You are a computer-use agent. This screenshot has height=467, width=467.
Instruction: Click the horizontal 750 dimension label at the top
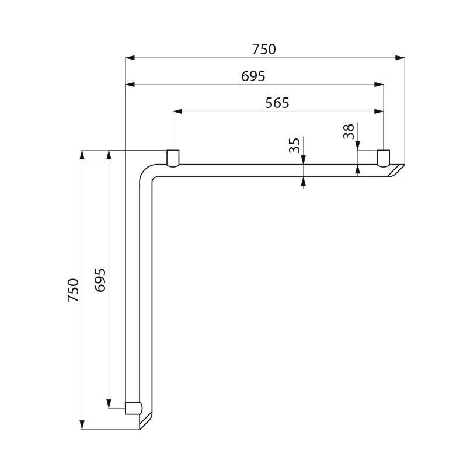pos(264,50)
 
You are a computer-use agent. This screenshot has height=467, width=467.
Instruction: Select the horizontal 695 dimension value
pos(253,76)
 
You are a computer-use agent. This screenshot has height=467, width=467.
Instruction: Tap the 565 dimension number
pos(277,103)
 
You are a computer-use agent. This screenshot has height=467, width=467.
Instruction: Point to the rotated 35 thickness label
pos(295,145)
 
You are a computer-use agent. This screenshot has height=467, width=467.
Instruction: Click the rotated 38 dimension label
pos(349,132)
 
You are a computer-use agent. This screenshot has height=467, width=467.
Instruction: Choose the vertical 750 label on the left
pos(73,290)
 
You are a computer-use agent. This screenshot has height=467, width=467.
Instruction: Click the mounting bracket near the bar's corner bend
pos(173,158)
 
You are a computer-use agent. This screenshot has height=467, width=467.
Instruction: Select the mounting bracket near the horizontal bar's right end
pos(383,158)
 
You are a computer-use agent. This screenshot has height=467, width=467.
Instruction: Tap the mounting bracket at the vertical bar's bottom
pos(133,407)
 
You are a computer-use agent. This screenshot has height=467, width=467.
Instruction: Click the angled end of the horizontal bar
pos(397,170)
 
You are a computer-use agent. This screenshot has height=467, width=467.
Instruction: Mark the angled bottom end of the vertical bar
pos(146,420)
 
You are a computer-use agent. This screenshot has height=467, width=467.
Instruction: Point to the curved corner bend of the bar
pos(147,175)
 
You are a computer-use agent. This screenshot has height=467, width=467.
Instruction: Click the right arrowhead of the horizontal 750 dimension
pos(400,58)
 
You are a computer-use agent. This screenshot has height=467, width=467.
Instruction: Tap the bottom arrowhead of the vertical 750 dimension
pos(82,424)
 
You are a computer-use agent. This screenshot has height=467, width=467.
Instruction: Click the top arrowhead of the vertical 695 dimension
pos(109,155)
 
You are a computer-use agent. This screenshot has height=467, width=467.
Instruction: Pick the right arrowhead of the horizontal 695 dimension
pos(379,85)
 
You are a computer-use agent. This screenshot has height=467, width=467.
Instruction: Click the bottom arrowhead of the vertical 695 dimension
pos(109,403)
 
